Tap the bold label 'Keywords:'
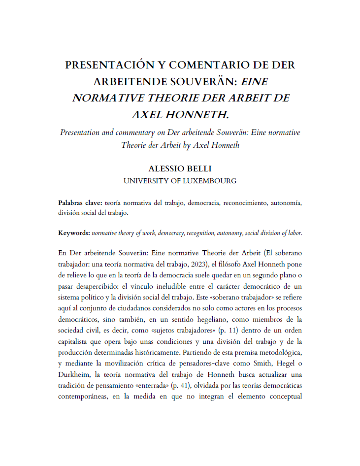click(74, 233)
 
